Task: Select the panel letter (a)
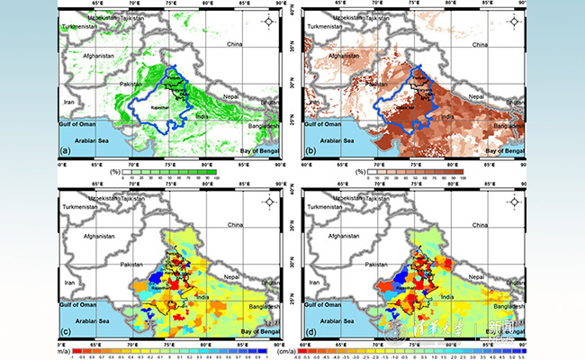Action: coord(66,151)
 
